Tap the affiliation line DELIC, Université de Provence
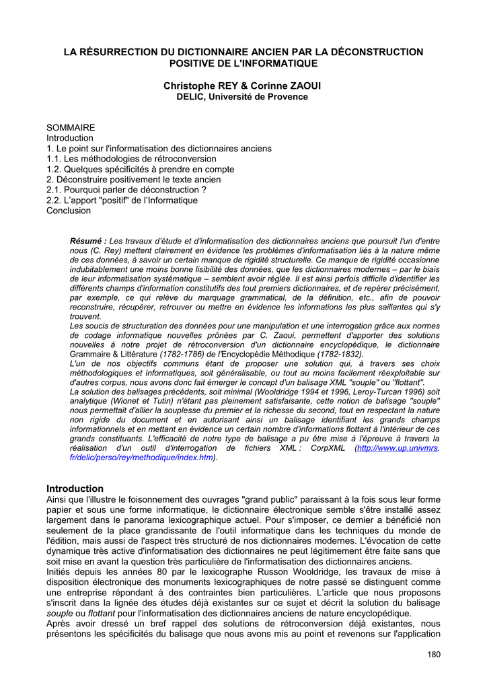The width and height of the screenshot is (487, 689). [242, 97]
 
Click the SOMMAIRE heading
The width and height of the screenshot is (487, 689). [71, 127]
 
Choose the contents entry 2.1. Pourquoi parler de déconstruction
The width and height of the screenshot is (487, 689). [126, 190]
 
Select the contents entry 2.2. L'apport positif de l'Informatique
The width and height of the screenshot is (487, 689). [122, 201]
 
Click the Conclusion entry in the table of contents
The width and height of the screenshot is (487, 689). [68, 211]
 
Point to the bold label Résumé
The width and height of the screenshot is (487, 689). [88, 241]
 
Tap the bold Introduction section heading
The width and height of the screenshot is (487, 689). [75, 488]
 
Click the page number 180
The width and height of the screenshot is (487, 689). [433, 654]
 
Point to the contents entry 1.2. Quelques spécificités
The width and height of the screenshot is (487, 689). [140, 169]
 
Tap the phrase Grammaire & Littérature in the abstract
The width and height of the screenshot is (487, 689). [112, 354]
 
